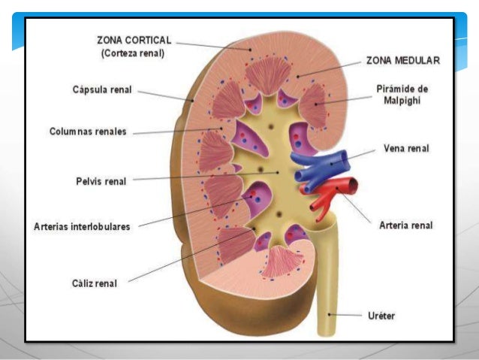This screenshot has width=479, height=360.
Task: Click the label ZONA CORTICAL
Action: pos(134,40)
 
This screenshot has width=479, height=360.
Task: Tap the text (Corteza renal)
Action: pos(132,53)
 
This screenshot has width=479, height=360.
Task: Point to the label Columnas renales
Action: pos(89,132)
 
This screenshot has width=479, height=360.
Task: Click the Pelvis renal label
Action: pos(101,180)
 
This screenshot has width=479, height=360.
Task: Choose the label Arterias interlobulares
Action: pos(82,226)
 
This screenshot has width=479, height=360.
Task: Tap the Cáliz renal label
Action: pos(95,283)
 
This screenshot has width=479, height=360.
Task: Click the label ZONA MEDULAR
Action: pos(402,60)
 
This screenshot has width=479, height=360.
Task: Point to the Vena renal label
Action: pos(406,148)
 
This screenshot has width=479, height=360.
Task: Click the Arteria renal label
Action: pos(406,225)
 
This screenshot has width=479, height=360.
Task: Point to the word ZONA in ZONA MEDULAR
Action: pos(380,60)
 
